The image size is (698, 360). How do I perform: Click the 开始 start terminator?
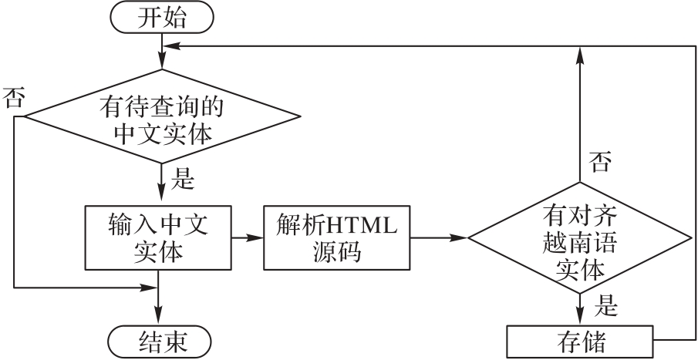(161, 18)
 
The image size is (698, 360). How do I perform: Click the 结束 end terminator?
(161, 340)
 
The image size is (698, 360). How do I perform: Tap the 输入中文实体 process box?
(161, 237)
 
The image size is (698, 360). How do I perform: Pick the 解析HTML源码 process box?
(337, 237)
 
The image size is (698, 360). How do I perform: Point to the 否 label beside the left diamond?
(13, 98)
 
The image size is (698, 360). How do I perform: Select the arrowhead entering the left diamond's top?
(161, 62)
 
